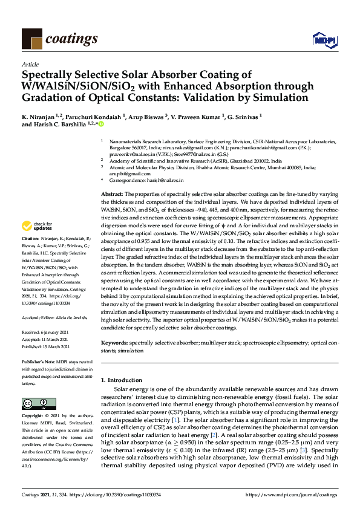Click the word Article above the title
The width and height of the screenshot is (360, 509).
click(x=30, y=64)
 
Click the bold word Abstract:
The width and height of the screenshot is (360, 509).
click(x=113, y=193)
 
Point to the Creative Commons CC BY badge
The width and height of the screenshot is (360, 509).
click(x=35, y=403)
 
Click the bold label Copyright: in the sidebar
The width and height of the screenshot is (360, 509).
click(x=33, y=417)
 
